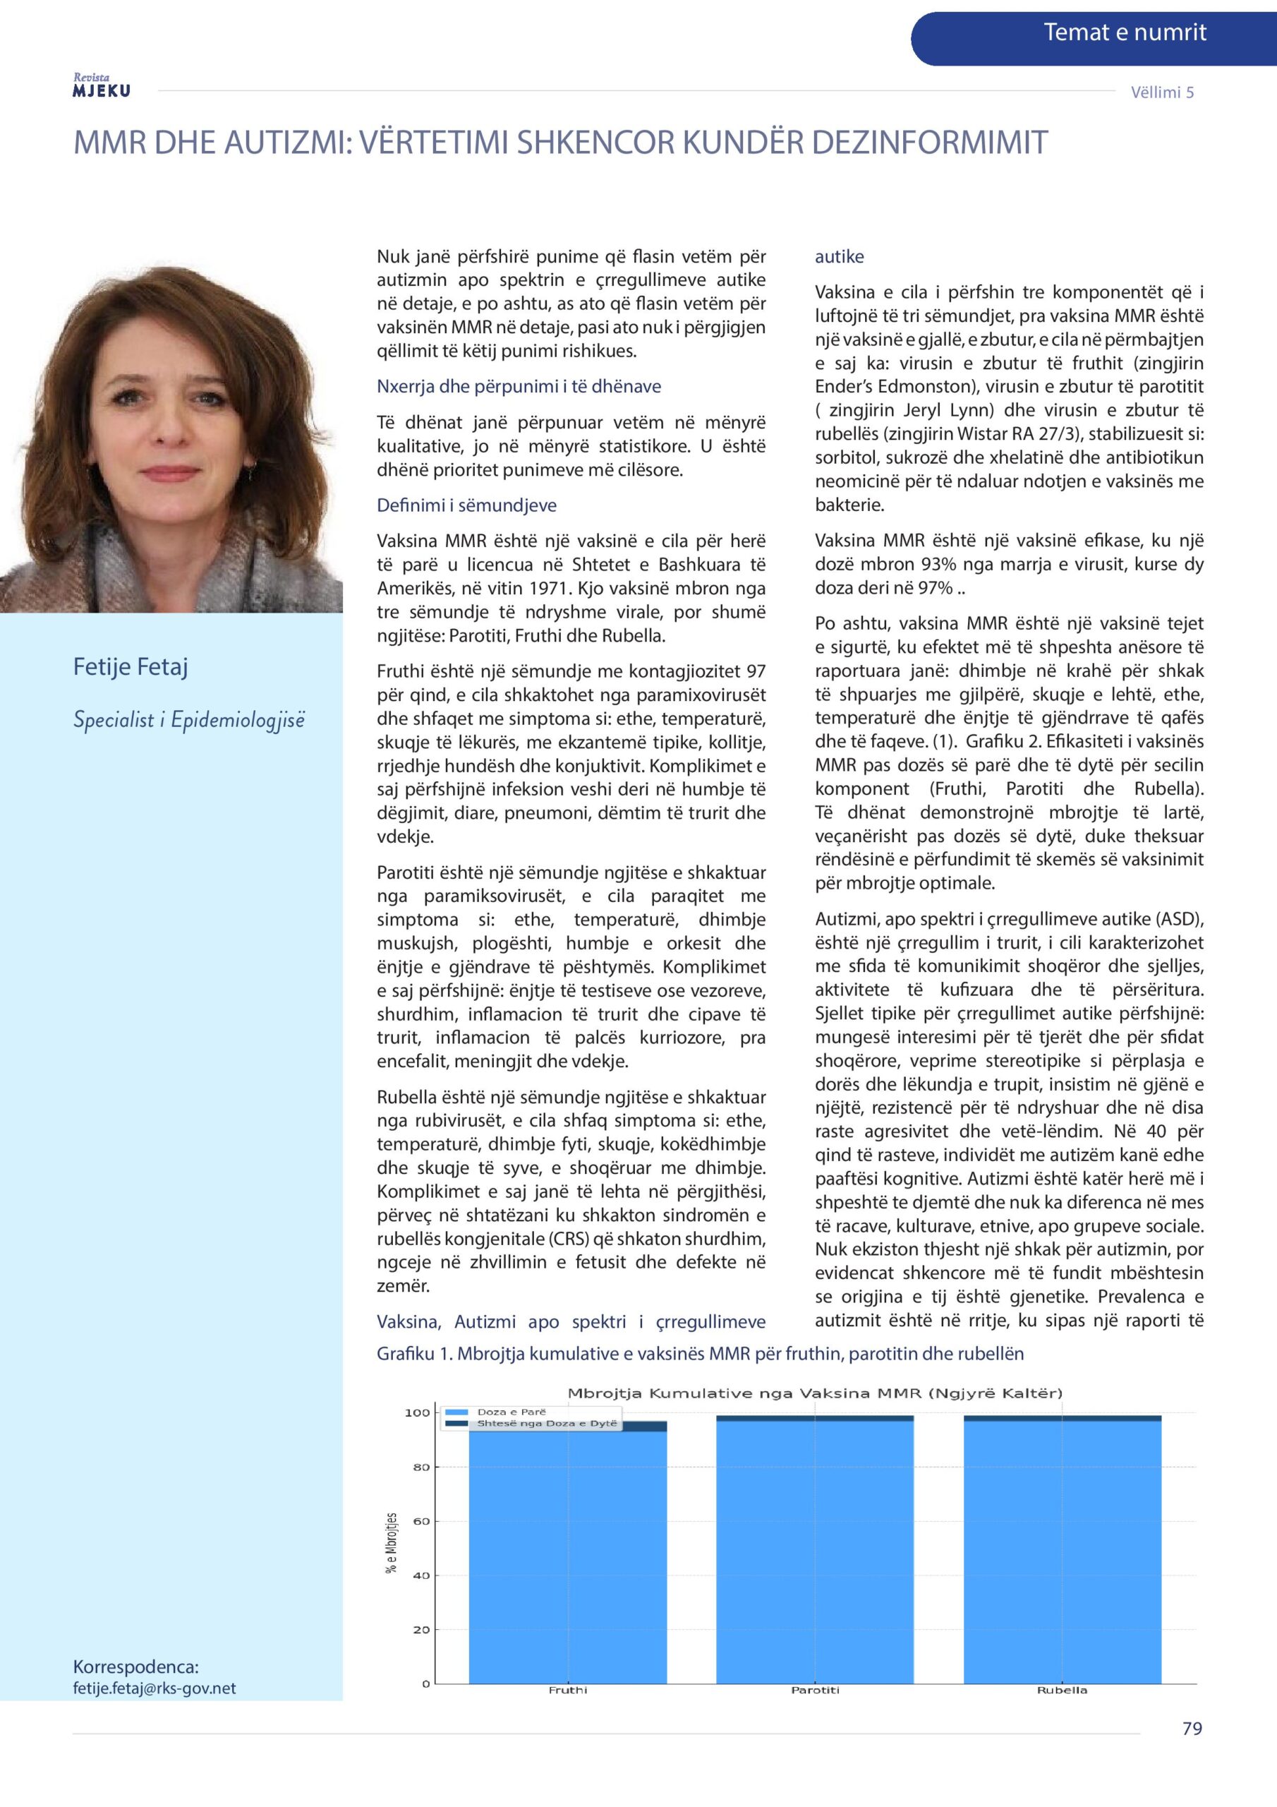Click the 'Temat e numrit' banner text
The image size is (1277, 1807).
[x=1125, y=33]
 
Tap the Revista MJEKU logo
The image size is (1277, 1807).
[x=102, y=86]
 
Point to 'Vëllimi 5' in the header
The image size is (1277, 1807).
[x=1162, y=92]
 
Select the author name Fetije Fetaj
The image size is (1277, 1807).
[x=131, y=666]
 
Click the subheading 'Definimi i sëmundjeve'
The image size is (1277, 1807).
[x=466, y=505]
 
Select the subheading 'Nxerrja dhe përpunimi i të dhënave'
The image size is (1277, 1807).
[x=519, y=386]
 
